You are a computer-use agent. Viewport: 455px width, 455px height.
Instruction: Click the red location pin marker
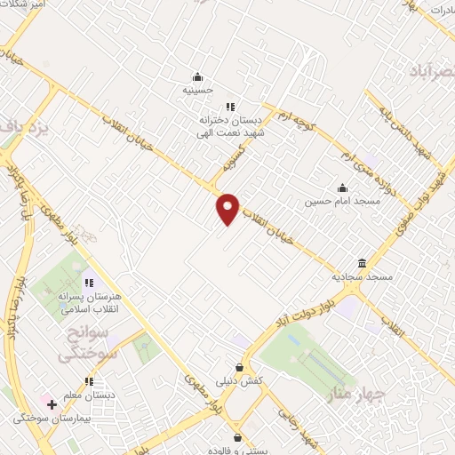point(228,208)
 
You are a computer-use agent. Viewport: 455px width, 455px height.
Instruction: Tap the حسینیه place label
point(198,90)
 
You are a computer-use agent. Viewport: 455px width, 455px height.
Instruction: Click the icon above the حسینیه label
point(198,76)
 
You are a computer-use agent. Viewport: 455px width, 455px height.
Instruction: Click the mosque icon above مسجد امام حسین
point(342,188)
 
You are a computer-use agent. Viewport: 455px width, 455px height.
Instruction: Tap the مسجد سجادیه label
point(363,277)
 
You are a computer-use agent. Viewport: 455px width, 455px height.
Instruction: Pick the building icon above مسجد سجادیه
point(363,263)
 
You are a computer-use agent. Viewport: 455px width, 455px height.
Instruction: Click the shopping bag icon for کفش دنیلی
point(238,367)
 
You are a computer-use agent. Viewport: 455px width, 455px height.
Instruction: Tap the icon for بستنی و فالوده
point(237,436)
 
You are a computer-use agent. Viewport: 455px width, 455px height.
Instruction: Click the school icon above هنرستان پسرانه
point(87,282)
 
